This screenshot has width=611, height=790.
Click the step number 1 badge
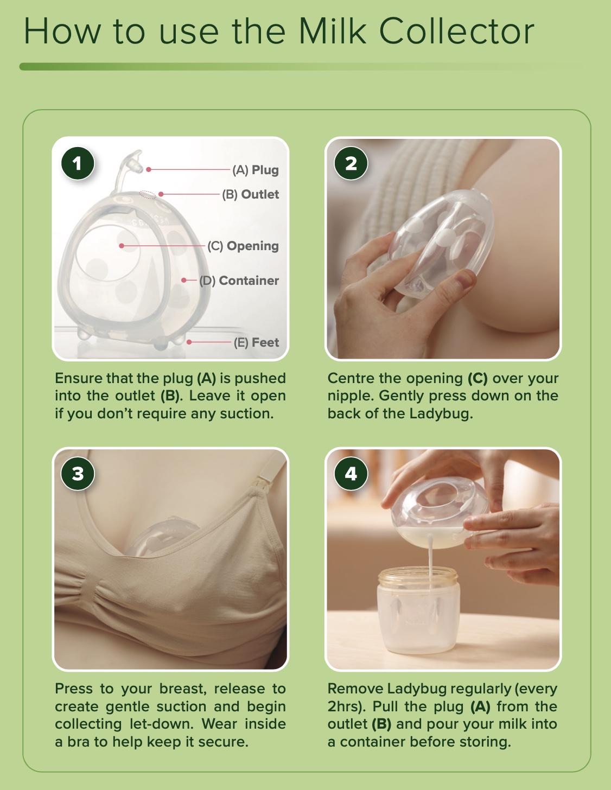[x=78, y=164]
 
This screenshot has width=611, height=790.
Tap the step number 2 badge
[x=351, y=164]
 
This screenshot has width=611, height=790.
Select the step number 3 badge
[x=78, y=474]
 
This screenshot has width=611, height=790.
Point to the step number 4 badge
[x=351, y=474]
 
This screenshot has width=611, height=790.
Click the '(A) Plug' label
[x=256, y=170]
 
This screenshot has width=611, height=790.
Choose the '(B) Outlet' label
[x=251, y=194]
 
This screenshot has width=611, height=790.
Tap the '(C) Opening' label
[x=243, y=246]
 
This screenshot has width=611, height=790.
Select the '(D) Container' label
[x=239, y=281]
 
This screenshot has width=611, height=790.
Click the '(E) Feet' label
[x=256, y=342]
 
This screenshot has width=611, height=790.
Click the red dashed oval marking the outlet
[x=148, y=194]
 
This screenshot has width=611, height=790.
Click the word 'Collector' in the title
[x=456, y=31]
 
